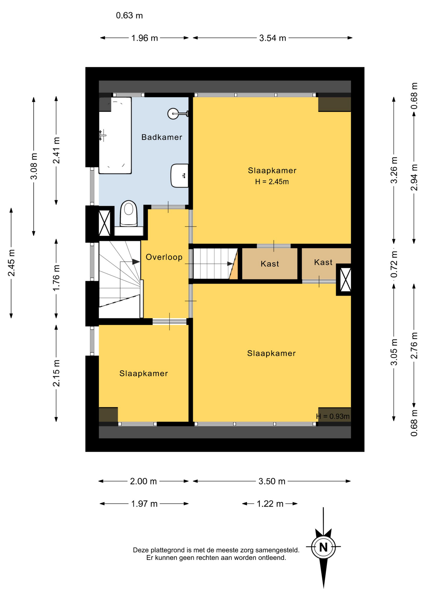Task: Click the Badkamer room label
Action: click(161, 137)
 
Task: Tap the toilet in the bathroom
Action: click(129, 214)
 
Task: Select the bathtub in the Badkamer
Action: click(115, 135)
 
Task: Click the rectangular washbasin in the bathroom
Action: click(180, 176)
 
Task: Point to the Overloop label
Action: click(164, 257)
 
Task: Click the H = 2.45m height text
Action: click(272, 182)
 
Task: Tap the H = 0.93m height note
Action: click(333, 416)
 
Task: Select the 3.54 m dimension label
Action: click(273, 38)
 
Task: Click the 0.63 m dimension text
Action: click(129, 15)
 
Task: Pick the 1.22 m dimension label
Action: click(270, 504)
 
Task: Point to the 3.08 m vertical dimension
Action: click(34, 166)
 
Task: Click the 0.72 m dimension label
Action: click(394, 264)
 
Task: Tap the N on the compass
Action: click(323, 547)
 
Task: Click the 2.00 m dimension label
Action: click(143, 481)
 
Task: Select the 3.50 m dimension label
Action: click(272, 481)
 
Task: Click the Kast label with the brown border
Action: click(270, 264)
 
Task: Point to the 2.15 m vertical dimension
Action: click(56, 373)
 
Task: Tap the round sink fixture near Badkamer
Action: click(174, 114)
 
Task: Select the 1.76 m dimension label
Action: click(56, 278)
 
